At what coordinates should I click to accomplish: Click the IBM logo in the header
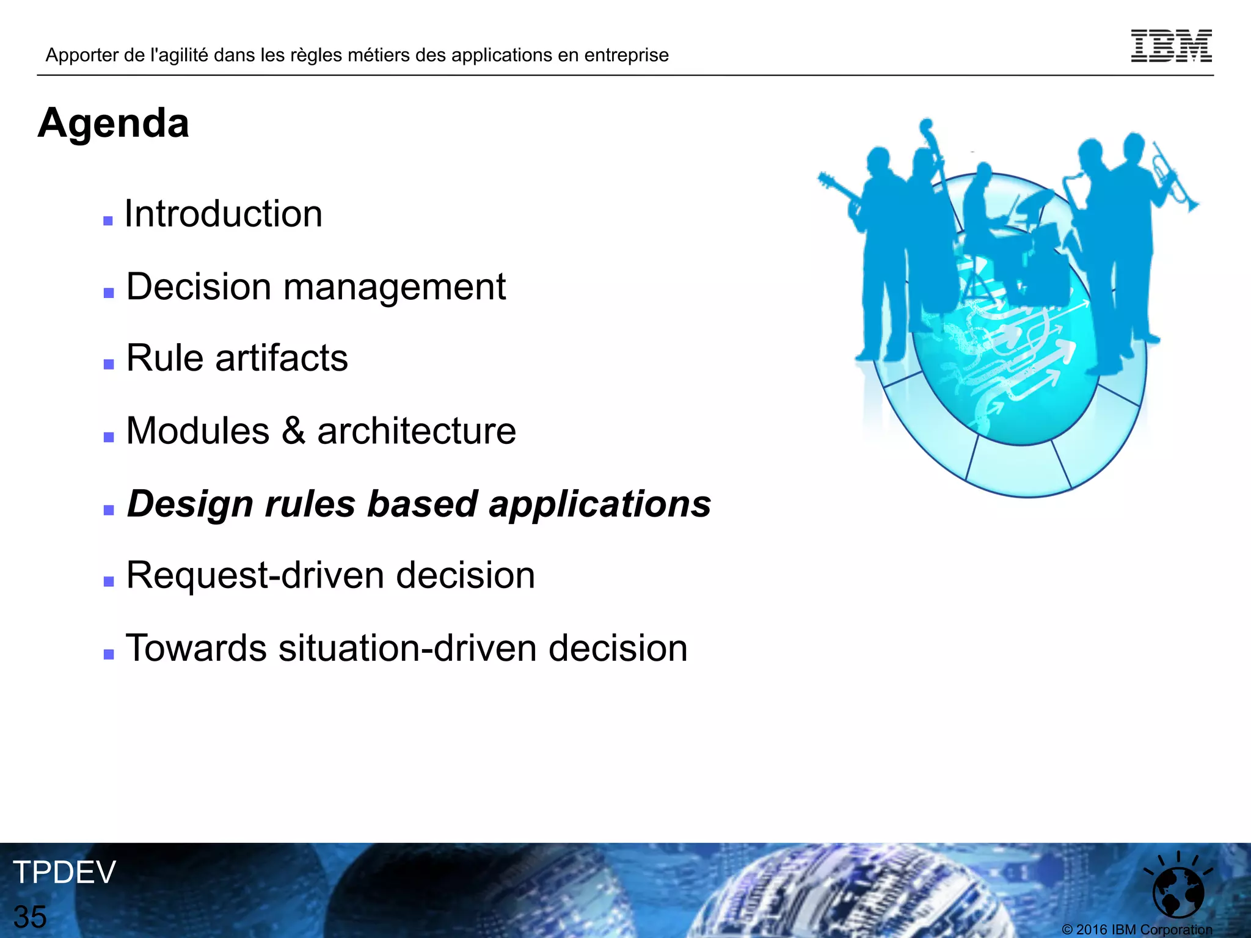1171,46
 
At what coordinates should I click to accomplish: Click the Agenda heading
114,123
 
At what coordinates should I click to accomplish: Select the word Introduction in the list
224,214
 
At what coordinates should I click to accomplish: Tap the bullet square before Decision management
109,293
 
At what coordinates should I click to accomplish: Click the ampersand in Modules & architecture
293,431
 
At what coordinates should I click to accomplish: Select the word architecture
417,431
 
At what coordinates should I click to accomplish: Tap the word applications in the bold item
600,504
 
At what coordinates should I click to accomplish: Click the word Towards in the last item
196,648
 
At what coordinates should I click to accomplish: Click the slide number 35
30,917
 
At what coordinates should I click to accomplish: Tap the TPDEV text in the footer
64,872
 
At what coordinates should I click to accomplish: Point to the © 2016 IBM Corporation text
1137,929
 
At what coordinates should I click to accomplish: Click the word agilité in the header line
180,56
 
